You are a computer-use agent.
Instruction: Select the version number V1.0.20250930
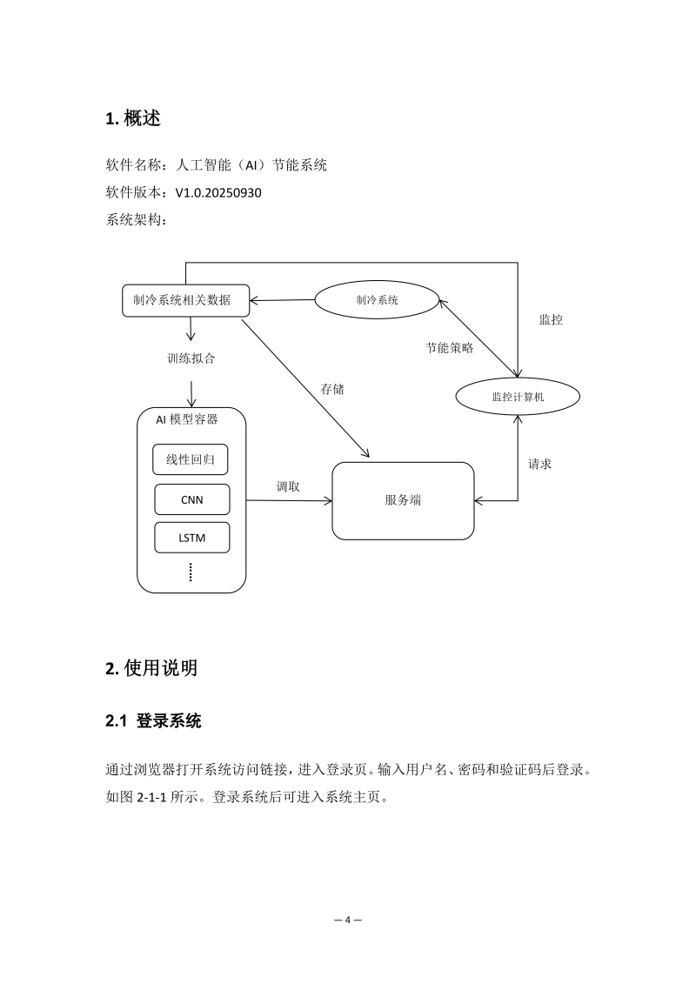[x=218, y=192]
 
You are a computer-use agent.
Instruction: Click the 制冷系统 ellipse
[x=376, y=300]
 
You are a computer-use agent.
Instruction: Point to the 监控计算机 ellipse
[x=518, y=397]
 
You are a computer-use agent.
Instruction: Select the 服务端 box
[x=404, y=501]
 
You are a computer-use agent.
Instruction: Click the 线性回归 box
[x=191, y=459]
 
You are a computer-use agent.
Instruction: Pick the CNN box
[x=191, y=499]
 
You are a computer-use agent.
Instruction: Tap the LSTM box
[x=191, y=538]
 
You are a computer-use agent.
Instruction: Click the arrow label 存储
[x=332, y=389]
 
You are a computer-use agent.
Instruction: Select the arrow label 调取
[x=288, y=486]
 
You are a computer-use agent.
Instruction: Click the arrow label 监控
[x=551, y=319]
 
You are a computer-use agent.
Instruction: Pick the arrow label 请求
[x=539, y=464]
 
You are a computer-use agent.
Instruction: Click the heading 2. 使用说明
[x=151, y=668]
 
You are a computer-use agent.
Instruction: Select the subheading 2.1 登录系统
[x=153, y=721]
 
